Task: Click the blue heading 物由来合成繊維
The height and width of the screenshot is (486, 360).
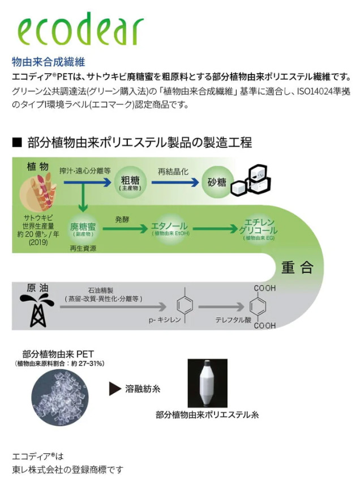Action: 48,61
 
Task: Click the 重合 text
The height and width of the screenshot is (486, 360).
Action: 297,267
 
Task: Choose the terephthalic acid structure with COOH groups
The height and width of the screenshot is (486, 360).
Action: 263,306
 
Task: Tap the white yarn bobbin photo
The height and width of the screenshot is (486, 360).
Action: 207,382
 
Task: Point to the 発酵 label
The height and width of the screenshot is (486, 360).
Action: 122,218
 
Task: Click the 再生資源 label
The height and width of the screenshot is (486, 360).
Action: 83,248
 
